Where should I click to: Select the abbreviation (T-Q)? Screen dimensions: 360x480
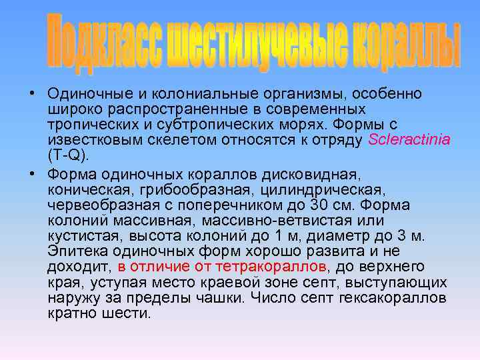[x=68, y=155]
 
